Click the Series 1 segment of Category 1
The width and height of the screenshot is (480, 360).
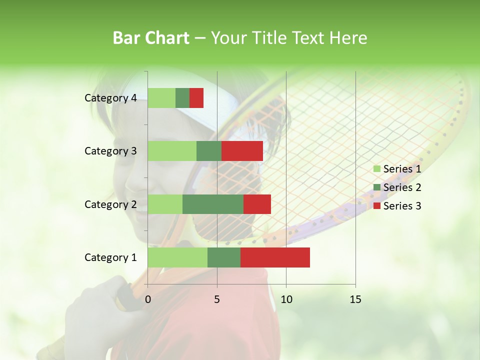coord(177,257)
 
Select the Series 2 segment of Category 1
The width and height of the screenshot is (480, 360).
coord(224,257)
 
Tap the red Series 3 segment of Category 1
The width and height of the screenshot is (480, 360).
coord(275,257)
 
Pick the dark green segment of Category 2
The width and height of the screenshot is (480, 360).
coord(213,204)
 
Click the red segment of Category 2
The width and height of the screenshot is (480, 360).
coord(257,204)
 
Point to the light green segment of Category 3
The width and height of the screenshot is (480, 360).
coord(172,151)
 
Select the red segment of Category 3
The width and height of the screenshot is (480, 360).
coord(242,151)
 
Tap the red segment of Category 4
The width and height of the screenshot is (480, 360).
coord(196,98)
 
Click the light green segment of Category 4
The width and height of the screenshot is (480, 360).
coord(161,98)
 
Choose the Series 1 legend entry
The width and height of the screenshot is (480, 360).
coord(397,169)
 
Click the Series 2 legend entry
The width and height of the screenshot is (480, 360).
coord(397,187)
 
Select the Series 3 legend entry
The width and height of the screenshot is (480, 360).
coord(397,206)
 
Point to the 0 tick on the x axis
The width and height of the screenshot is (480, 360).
coord(148,299)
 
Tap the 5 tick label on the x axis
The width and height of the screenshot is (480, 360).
coord(217,299)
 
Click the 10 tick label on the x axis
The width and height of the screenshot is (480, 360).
coord(286,299)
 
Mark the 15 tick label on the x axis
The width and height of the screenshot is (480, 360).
coord(355,299)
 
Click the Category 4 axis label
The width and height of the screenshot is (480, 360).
coord(110,98)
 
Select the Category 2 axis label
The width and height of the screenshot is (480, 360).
coord(110,204)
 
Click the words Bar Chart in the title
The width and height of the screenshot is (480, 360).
coord(151,38)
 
